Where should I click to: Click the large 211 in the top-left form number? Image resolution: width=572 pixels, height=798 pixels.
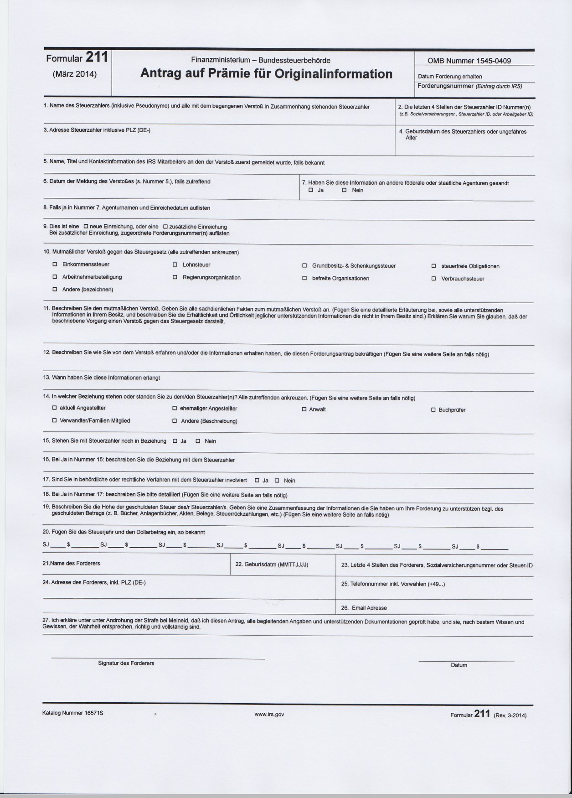point(97,58)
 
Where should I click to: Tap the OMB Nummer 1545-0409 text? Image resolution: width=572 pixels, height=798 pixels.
point(469,61)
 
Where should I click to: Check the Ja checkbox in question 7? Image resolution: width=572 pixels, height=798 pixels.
point(311,190)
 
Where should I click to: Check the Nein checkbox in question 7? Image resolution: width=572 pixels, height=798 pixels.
point(345,190)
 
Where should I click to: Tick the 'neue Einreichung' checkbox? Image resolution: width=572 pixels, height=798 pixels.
point(86,227)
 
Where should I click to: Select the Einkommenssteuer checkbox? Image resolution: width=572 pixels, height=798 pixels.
point(55,264)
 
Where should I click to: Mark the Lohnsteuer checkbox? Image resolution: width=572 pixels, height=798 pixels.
point(175,265)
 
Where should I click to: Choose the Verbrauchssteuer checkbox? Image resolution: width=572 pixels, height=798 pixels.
point(433,279)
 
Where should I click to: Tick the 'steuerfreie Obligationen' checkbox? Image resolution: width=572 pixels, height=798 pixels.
point(433,266)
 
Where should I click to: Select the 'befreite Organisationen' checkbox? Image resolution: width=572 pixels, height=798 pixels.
point(304,278)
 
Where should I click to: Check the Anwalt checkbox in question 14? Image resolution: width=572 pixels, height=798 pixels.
point(304,409)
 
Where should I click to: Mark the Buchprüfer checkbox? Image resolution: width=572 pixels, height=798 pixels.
point(433,410)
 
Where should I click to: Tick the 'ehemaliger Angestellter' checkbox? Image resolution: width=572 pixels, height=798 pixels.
point(175,409)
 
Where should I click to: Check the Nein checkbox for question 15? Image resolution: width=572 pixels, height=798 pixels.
point(198,441)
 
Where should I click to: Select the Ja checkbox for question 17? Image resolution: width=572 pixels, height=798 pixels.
point(257,480)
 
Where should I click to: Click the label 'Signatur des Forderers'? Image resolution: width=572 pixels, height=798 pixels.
point(126,663)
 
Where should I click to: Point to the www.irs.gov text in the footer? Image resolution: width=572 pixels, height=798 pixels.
point(269,715)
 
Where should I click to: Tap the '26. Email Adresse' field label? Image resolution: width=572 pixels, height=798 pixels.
point(364,608)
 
